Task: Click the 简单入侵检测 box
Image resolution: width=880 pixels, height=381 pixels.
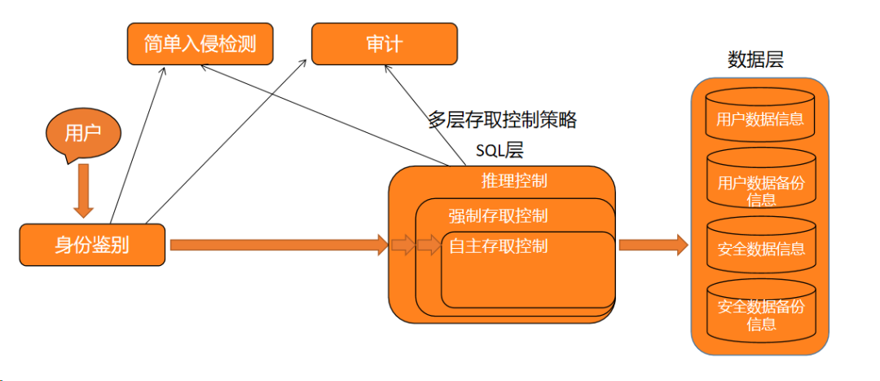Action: point(200,43)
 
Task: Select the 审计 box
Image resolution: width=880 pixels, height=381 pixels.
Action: point(382,43)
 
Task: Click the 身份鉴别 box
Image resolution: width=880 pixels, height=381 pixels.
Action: point(92,244)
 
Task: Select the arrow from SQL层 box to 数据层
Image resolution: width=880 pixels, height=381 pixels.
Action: point(653,244)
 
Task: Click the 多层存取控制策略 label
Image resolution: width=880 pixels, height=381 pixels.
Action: point(502,120)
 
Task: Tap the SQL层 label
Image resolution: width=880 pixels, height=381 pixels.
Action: point(499,150)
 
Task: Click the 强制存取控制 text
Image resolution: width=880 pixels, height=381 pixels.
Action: point(498,215)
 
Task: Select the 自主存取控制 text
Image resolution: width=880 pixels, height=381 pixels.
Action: point(498,246)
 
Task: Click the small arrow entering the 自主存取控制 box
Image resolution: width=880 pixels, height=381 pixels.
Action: point(429,245)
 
